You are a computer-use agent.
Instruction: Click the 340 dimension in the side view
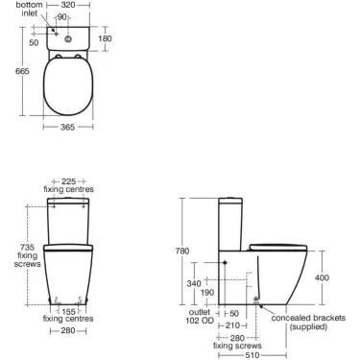coord(196,283)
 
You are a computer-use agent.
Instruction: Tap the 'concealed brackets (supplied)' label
coord(313,322)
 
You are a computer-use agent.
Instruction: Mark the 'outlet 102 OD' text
coord(199,317)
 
